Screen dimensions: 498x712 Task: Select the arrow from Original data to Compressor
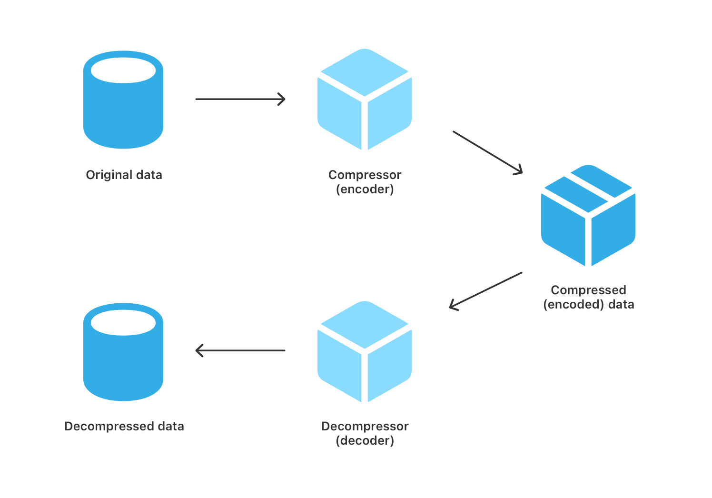[240, 99]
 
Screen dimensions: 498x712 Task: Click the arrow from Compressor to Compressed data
[487, 152]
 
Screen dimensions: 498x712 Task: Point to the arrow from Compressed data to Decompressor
[485, 290]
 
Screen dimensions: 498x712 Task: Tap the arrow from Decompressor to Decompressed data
[240, 351]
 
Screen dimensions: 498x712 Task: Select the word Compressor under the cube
[365, 175]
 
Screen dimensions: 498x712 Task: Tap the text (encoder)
[365, 189]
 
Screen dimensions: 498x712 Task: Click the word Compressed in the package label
[588, 290]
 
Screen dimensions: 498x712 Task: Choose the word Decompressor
[365, 426]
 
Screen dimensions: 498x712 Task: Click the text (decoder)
[365, 441]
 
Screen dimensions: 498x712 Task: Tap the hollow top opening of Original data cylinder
[123, 71]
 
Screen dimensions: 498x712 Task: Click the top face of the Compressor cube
[365, 71]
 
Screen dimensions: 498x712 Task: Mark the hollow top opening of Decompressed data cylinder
[123, 323]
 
